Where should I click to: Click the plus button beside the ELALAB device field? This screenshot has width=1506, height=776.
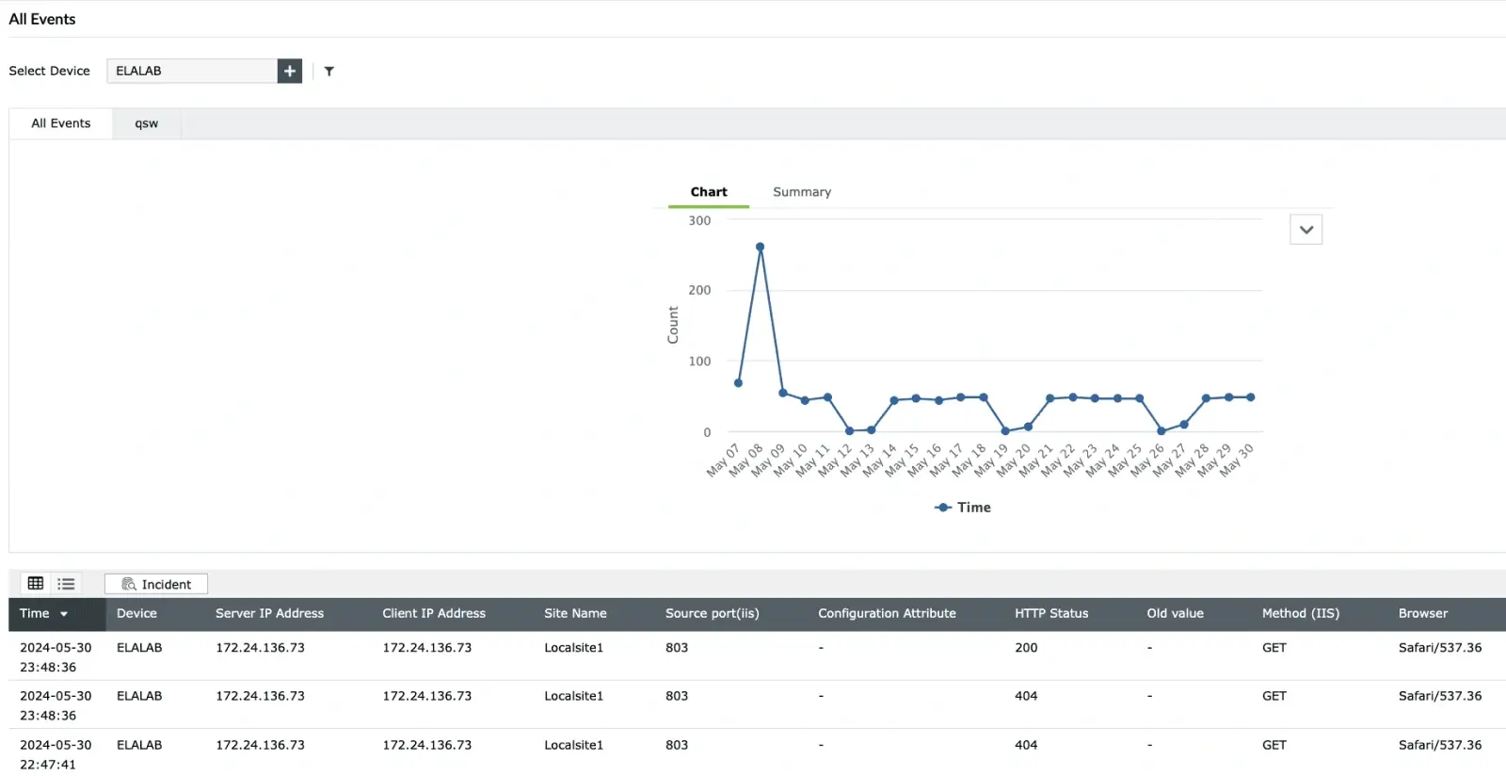click(290, 71)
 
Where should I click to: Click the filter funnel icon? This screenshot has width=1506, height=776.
click(329, 71)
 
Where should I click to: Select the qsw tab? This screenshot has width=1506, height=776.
click(146, 123)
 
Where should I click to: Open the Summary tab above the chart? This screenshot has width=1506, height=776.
click(802, 192)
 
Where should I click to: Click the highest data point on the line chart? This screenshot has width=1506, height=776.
click(760, 247)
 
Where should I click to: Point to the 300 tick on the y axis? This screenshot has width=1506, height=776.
click(699, 220)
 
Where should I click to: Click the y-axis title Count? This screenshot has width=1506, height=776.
click(673, 325)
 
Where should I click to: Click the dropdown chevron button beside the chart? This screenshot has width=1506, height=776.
click(1306, 230)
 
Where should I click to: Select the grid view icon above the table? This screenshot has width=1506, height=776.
click(36, 584)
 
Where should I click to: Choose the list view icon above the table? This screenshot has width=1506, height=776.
click(66, 584)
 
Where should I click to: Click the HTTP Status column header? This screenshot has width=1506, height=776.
click(1051, 613)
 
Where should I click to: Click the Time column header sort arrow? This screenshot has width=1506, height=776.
click(64, 614)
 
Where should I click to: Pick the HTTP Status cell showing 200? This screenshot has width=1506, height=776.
click(1026, 648)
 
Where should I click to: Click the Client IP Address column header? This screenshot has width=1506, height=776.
click(434, 613)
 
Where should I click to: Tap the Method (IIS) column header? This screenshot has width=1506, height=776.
click(1300, 613)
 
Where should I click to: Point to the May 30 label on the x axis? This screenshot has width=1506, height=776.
click(1238, 460)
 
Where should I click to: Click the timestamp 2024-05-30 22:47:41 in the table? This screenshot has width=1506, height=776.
click(56, 754)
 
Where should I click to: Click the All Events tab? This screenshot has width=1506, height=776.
click(61, 123)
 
